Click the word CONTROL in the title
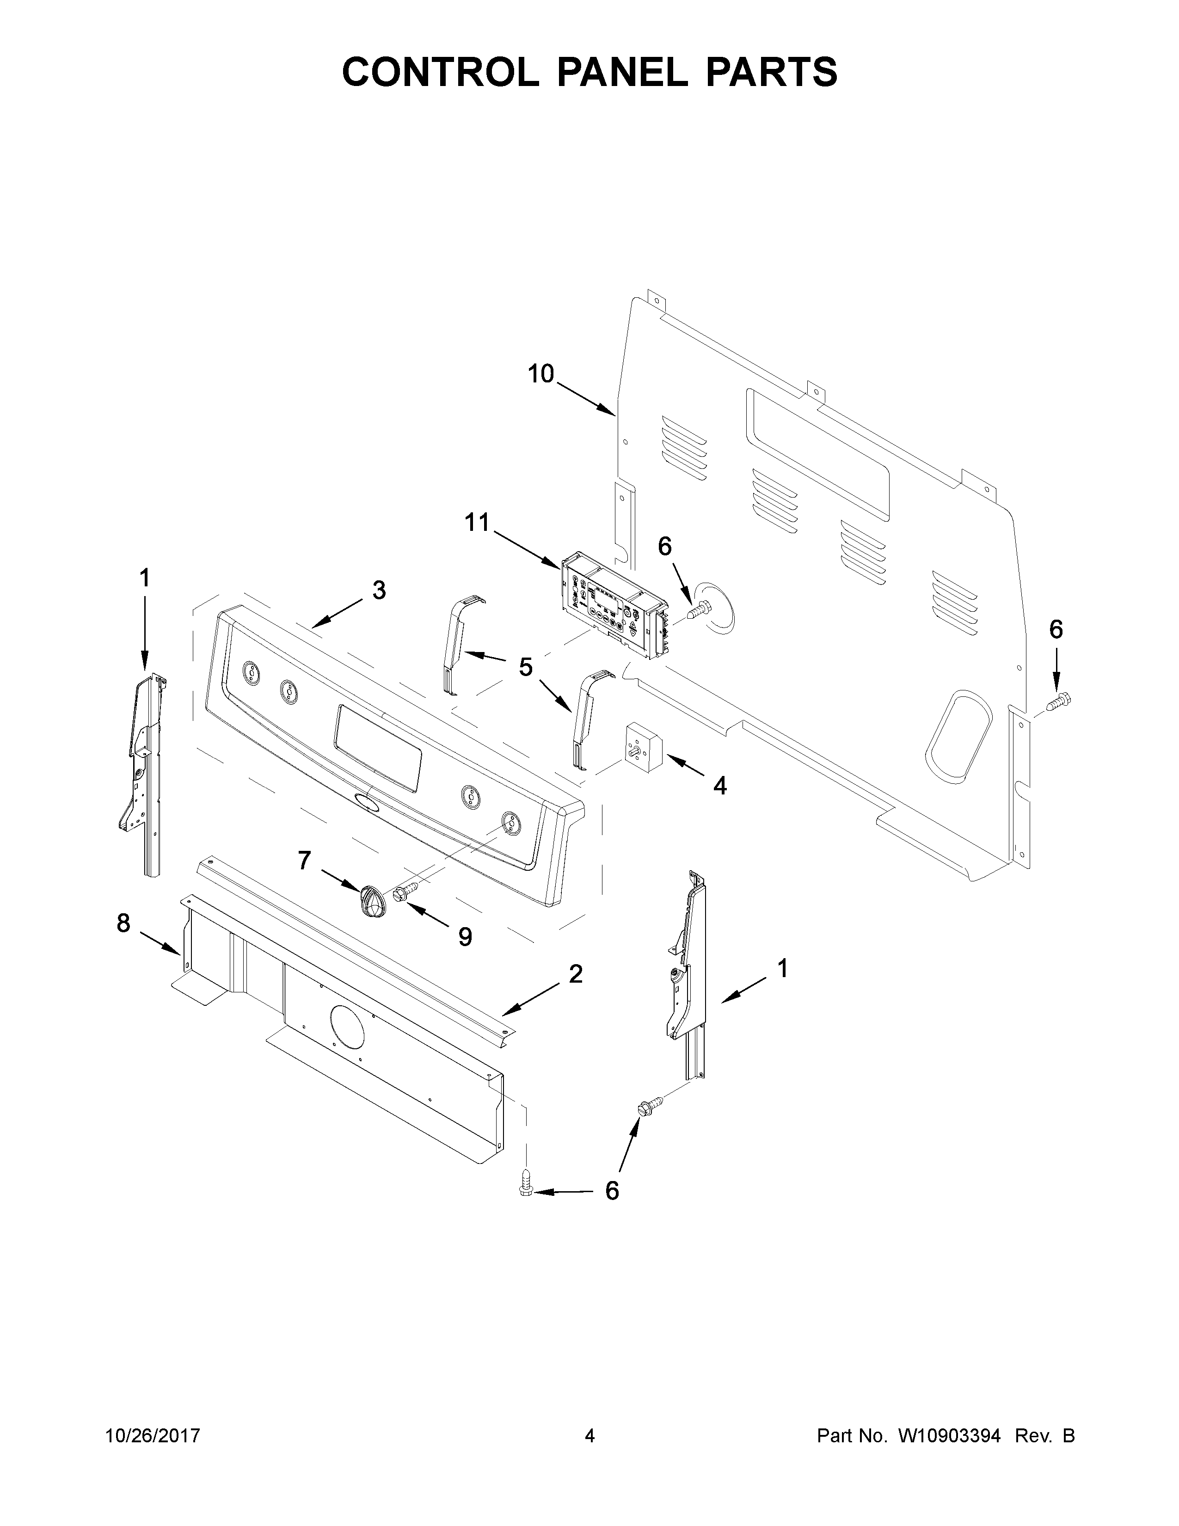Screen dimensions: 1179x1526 tap(441, 72)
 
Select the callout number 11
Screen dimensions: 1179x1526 tap(478, 522)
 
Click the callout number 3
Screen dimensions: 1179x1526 tap(379, 591)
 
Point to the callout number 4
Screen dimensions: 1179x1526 tap(719, 786)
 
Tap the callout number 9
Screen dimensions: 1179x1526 tap(465, 937)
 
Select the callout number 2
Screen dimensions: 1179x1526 tap(576, 973)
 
